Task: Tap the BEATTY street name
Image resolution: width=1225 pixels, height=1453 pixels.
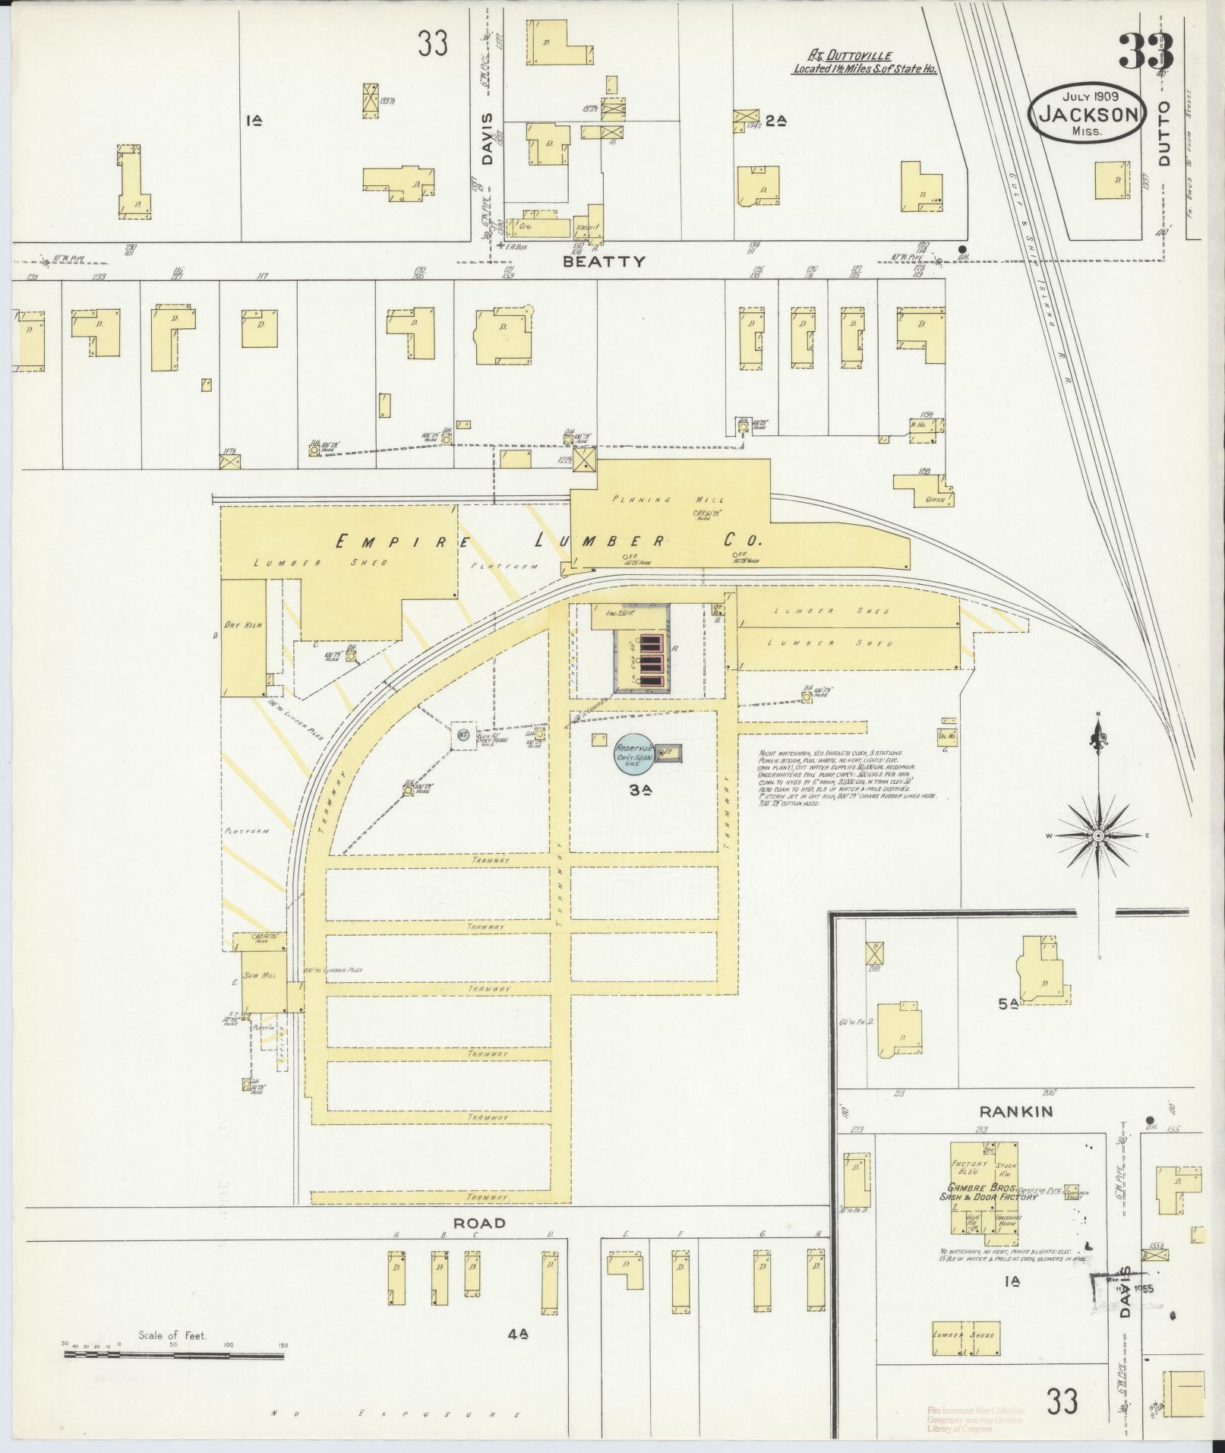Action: coord(604,261)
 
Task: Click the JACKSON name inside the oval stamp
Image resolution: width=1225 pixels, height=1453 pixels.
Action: coord(1087,115)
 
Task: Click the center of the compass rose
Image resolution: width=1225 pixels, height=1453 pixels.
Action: coord(1098,835)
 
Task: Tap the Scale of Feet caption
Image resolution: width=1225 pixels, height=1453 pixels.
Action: coord(172,1335)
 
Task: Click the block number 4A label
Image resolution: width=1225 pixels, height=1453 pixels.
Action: coord(519,1354)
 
